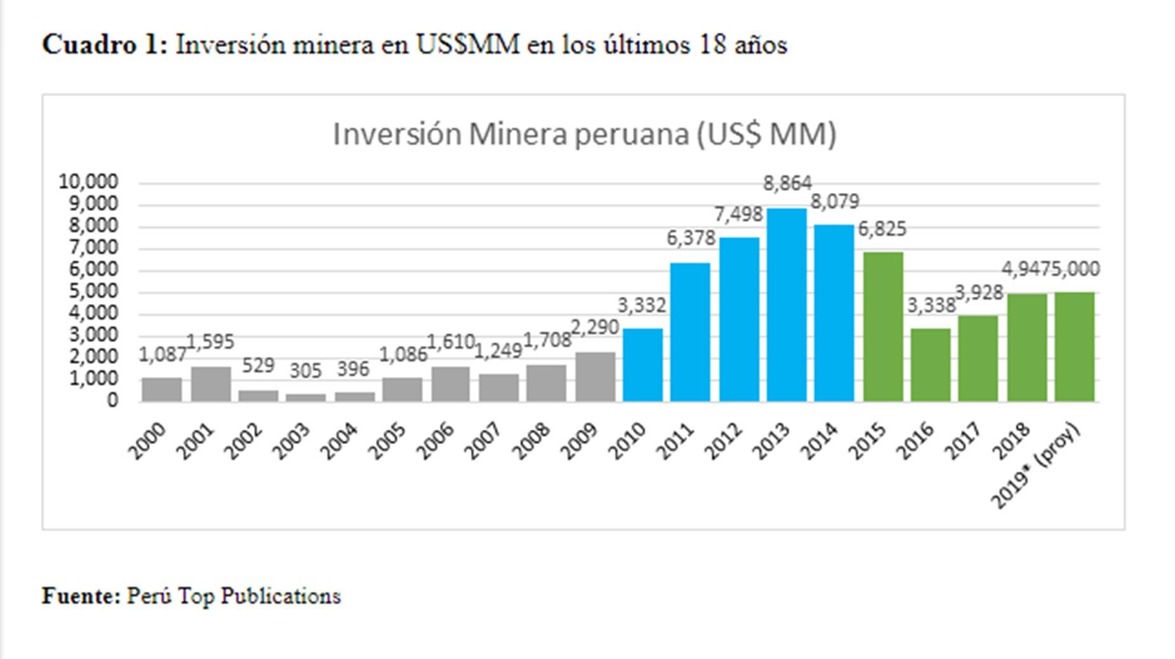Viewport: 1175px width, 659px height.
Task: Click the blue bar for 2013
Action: (787, 305)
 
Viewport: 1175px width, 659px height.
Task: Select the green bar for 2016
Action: (931, 364)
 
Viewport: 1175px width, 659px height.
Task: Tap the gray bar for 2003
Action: (305, 397)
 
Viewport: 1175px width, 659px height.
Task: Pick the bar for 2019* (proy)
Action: (1075, 347)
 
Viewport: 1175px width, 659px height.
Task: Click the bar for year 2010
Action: (642, 364)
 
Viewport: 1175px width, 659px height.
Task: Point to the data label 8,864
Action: (787, 183)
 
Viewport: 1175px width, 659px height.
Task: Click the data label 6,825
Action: (882, 229)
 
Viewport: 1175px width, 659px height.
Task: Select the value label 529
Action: (258, 365)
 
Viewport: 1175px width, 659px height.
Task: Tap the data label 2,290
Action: (595, 328)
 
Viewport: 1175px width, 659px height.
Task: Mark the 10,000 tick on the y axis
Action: (88, 182)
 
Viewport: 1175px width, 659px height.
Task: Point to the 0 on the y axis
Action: (112, 400)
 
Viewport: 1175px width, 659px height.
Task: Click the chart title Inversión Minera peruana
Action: (585, 134)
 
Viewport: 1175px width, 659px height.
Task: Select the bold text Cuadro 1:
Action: (105, 45)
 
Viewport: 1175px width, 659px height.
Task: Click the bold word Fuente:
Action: (81, 596)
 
